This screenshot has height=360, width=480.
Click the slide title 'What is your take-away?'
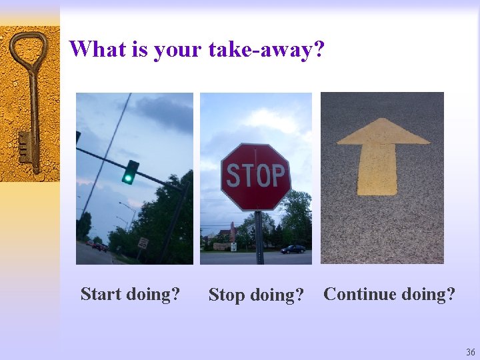[x=197, y=49]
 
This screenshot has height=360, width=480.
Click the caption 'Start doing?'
[x=130, y=294]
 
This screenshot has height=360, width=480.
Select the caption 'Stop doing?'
[x=256, y=295]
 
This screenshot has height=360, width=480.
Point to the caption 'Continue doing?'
[x=389, y=294]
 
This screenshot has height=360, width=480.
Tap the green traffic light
[x=127, y=177]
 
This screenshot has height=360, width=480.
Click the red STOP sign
[x=255, y=177]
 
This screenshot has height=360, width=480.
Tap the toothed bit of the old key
[x=25, y=147]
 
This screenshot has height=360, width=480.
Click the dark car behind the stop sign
[x=293, y=249]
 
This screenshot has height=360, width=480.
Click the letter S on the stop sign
[x=233, y=176]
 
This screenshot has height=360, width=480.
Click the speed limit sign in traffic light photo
[x=143, y=243]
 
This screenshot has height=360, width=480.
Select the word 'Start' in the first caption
[x=100, y=294]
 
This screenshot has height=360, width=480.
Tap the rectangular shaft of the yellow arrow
[x=377, y=169]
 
